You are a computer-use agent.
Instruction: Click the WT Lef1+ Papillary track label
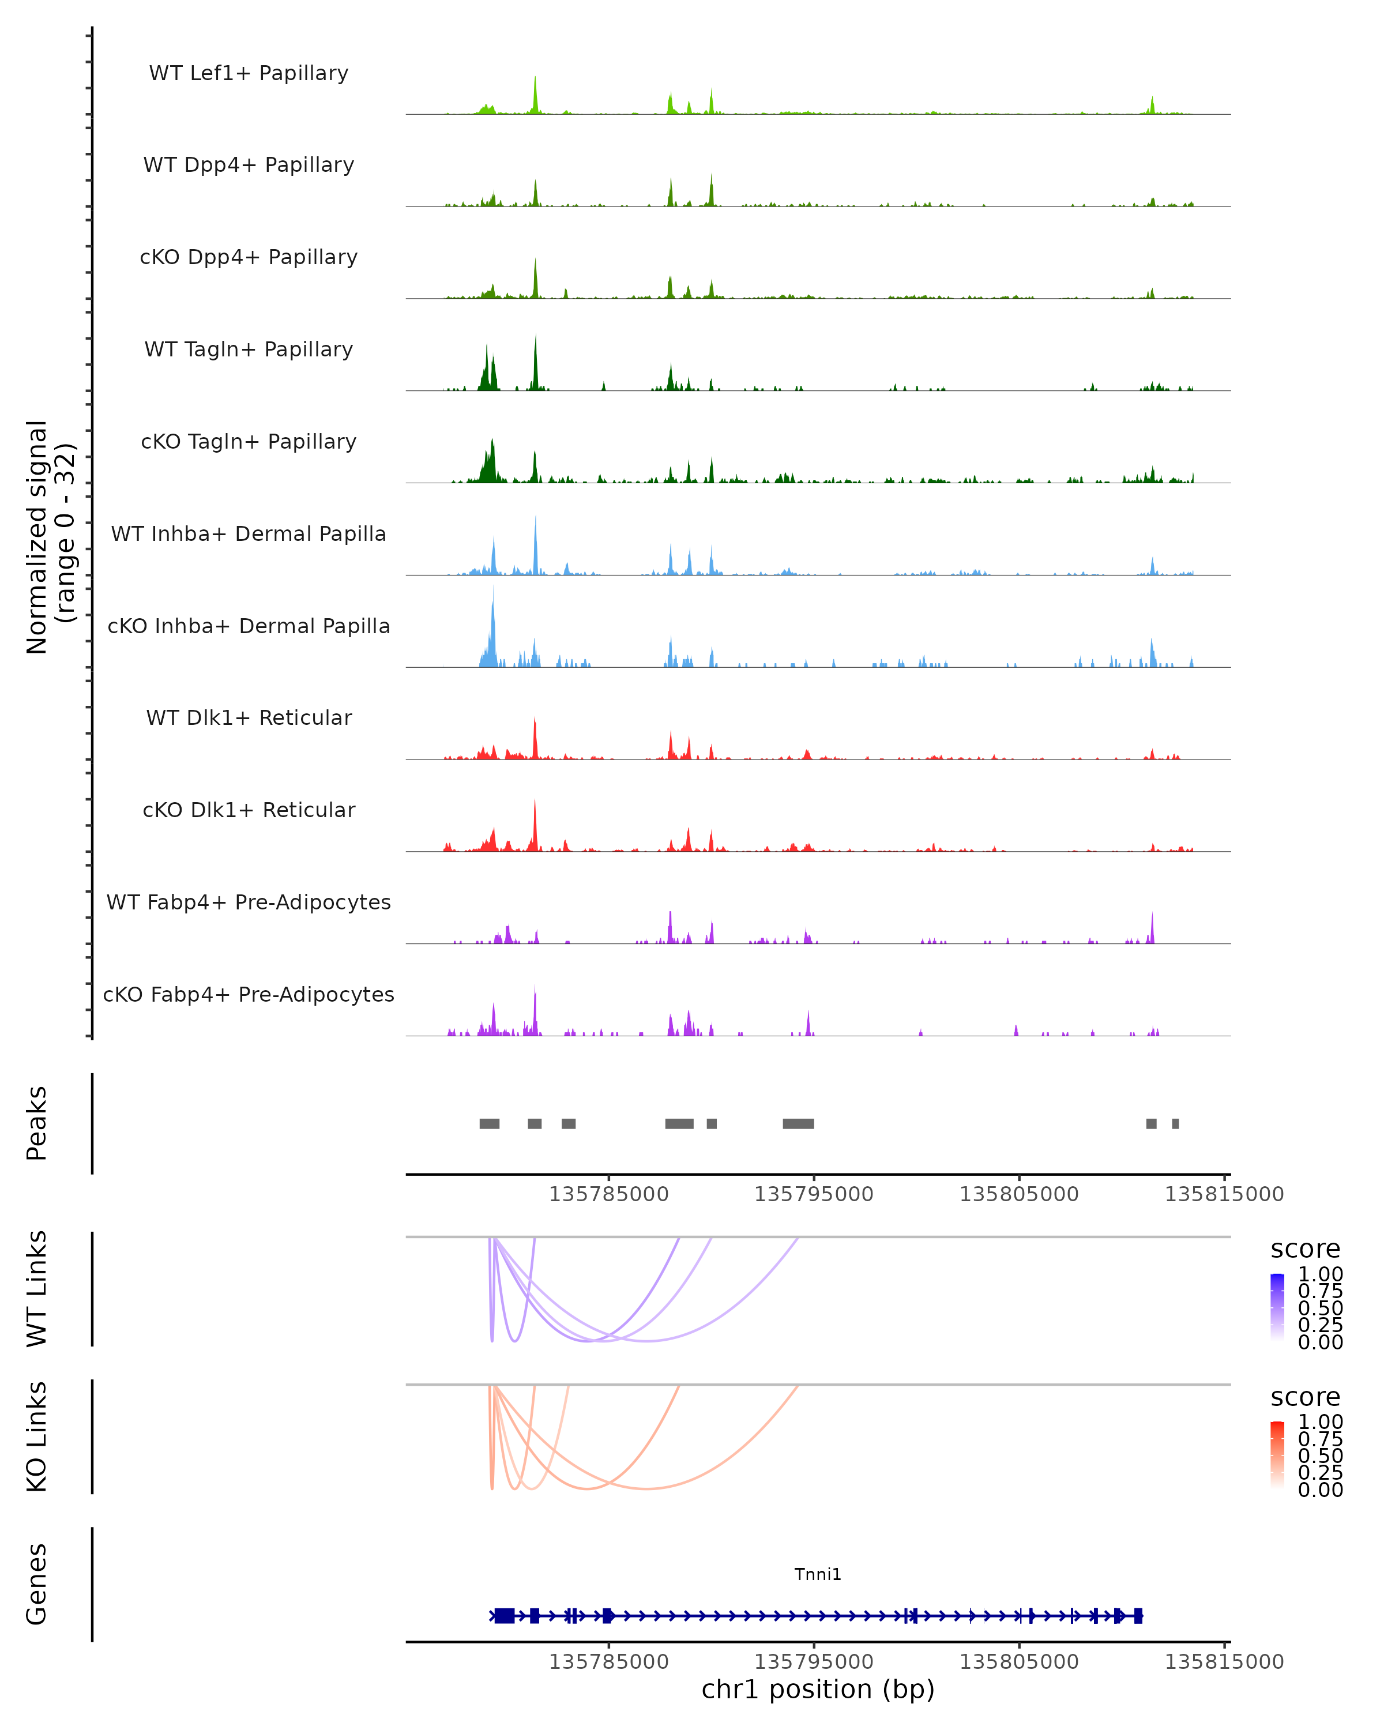249,73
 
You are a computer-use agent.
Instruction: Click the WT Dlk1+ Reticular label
249,717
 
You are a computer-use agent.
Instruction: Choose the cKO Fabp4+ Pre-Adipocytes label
249,994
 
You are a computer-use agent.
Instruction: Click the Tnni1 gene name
818,1574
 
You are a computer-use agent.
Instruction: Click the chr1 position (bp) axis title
818,1689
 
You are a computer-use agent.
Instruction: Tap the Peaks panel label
37,1123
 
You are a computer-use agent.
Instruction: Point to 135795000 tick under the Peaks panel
814,1194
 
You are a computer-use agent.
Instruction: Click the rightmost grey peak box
1175,1123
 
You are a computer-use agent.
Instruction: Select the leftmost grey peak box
490,1123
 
